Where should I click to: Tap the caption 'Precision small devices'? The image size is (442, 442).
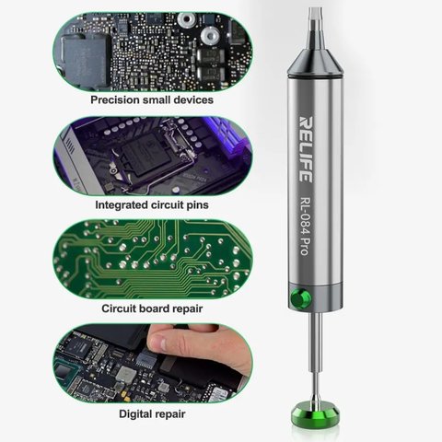click(x=152, y=99)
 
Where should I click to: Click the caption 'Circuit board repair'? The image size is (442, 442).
click(x=152, y=308)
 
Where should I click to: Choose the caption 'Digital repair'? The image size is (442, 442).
click(x=152, y=414)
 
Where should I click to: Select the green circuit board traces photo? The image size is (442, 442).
click(x=152, y=259)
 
